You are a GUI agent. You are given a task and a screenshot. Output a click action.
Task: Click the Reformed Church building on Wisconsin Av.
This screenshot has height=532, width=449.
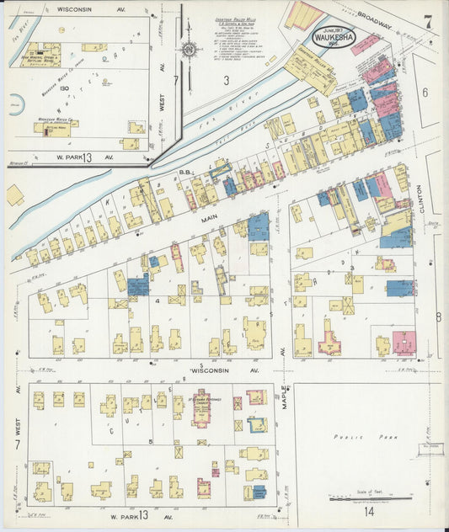200,407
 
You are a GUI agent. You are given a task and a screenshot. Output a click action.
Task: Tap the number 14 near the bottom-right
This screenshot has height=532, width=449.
368,511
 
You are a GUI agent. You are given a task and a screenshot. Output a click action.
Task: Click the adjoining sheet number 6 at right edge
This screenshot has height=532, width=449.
425,93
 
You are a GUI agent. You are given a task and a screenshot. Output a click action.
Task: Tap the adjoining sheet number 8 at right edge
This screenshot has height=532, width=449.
438,317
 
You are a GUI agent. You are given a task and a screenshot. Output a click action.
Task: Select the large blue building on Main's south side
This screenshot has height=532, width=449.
259,226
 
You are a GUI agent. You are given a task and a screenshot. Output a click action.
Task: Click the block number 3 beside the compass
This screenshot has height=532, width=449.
226,81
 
